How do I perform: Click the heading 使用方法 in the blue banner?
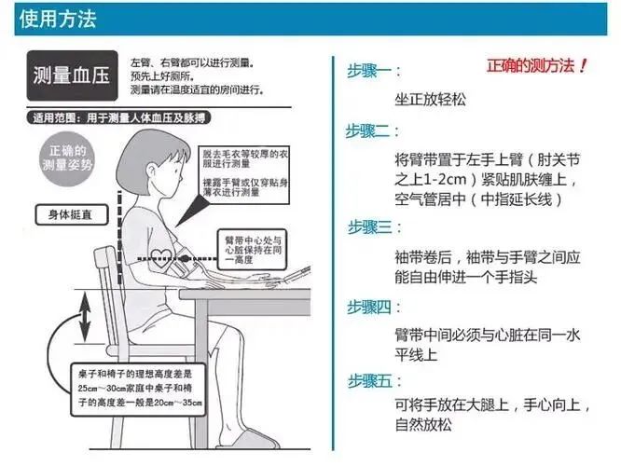tap(58, 19)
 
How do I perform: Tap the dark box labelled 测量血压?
tap(72, 75)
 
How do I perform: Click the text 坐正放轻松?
tap(430, 99)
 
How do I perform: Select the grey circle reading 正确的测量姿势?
tap(68, 158)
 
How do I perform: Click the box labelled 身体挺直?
tap(71, 215)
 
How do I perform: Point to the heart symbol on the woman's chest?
tap(162, 257)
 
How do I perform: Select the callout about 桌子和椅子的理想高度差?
tap(138, 390)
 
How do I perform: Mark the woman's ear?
tap(151, 171)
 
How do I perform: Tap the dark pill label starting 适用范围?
tap(118, 118)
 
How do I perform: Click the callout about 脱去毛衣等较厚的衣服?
tap(244, 175)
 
